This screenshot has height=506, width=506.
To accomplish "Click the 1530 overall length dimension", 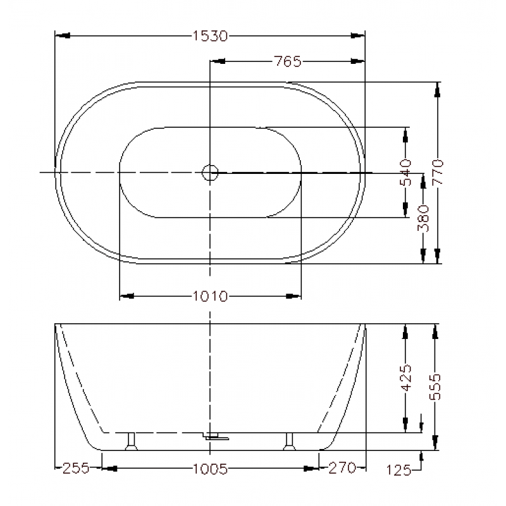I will (210, 36).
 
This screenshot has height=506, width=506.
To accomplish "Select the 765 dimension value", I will (288, 61).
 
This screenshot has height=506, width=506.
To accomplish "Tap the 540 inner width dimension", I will (405, 172).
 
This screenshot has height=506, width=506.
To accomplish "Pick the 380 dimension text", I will (423, 218).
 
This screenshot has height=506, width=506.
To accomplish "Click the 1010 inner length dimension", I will (211, 295).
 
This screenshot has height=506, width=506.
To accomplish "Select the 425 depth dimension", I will (405, 377).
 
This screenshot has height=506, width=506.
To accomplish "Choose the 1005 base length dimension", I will (211, 469).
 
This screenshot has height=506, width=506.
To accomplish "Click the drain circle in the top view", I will (209, 171).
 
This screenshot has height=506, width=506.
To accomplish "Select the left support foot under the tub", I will (131, 441).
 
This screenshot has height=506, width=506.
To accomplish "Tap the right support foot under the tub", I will (290, 441).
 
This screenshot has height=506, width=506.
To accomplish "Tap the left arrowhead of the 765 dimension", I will (217, 61).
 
